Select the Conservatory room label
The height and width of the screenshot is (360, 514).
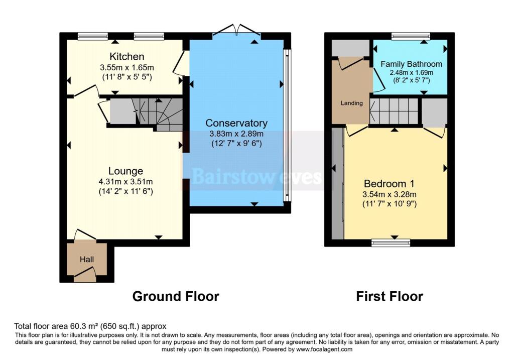(236, 123)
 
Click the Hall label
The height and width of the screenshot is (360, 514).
(87, 260)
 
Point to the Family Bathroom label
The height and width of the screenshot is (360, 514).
(411, 64)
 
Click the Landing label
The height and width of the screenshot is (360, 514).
(351, 103)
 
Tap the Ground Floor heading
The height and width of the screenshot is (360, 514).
(175, 296)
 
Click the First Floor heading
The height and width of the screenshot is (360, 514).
(390, 296)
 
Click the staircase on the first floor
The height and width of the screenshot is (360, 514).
(394, 110)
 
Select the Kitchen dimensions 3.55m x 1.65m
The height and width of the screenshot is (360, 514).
(126, 67)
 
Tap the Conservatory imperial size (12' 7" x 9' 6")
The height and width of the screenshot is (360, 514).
(236, 144)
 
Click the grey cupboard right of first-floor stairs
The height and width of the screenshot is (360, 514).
(434, 111)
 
